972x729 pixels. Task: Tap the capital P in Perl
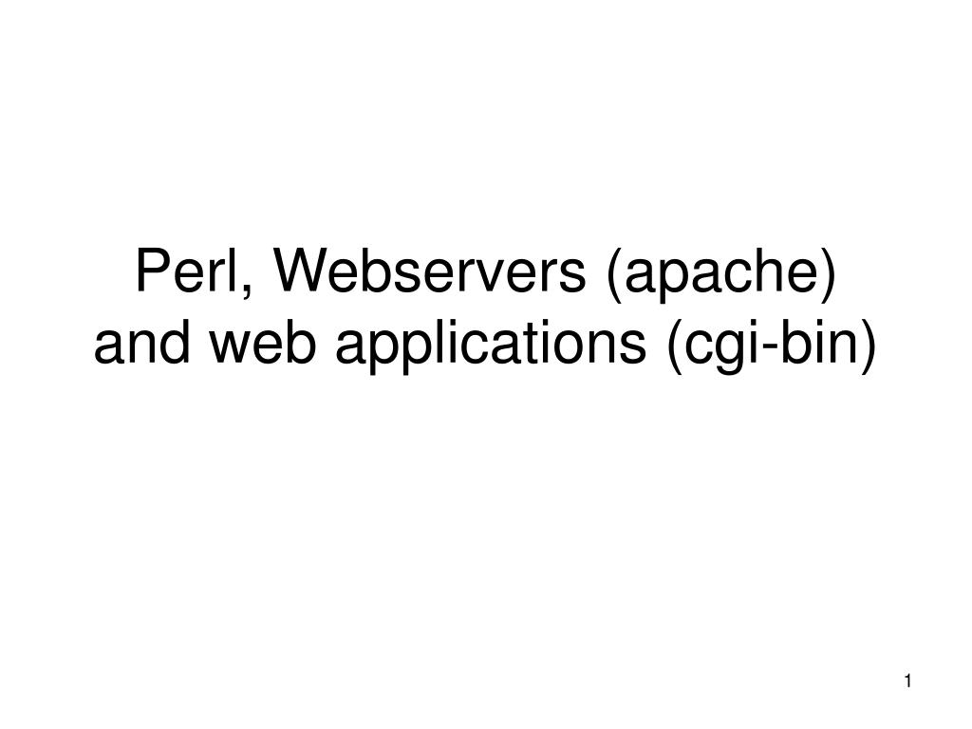tap(150, 273)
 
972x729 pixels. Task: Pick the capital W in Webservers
tap(297, 273)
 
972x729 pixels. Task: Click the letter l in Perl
tap(238, 273)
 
